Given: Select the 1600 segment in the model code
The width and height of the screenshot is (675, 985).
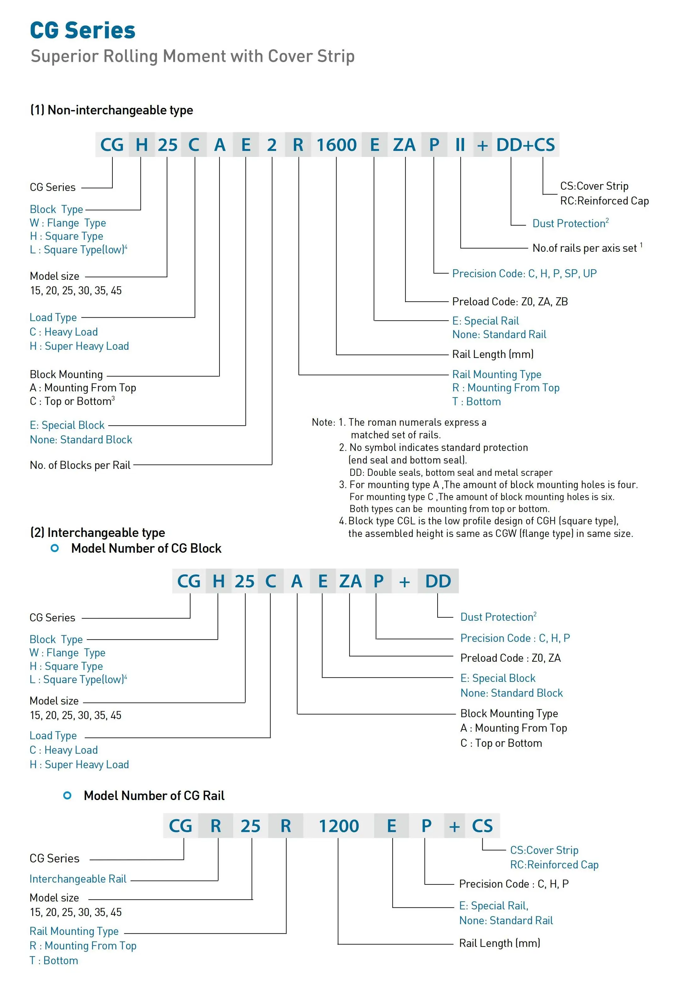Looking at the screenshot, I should click(x=337, y=145).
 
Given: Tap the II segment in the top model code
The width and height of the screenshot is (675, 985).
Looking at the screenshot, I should click(x=460, y=145).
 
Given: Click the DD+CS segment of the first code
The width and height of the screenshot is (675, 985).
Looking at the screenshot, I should click(x=525, y=145).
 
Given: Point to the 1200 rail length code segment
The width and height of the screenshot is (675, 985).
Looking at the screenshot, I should click(x=338, y=826).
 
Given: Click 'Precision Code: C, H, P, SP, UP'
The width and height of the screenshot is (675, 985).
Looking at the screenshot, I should click(x=524, y=274).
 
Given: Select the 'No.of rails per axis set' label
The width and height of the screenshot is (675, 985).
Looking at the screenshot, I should click(x=584, y=248).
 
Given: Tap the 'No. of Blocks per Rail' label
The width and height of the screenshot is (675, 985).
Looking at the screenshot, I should click(x=80, y=465).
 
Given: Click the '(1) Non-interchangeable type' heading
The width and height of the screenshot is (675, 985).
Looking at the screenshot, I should click(x=111, y=110).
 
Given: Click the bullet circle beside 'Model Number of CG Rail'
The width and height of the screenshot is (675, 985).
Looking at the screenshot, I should click(x=67, y=796).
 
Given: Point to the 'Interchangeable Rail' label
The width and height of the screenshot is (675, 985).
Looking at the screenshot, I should click(x=78, y=879).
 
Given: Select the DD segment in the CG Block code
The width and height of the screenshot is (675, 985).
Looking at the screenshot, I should click(x=438, y=581).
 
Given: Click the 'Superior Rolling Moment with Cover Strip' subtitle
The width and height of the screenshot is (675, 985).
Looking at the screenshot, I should click(x=193, y=56).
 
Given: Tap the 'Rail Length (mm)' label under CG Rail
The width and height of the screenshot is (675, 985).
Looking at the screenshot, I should click(x=500, y=943).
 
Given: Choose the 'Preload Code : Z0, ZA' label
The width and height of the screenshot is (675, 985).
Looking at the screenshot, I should click(x=510, y=658).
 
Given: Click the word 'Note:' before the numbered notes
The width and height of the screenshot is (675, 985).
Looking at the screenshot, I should click(x=323, y=422).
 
